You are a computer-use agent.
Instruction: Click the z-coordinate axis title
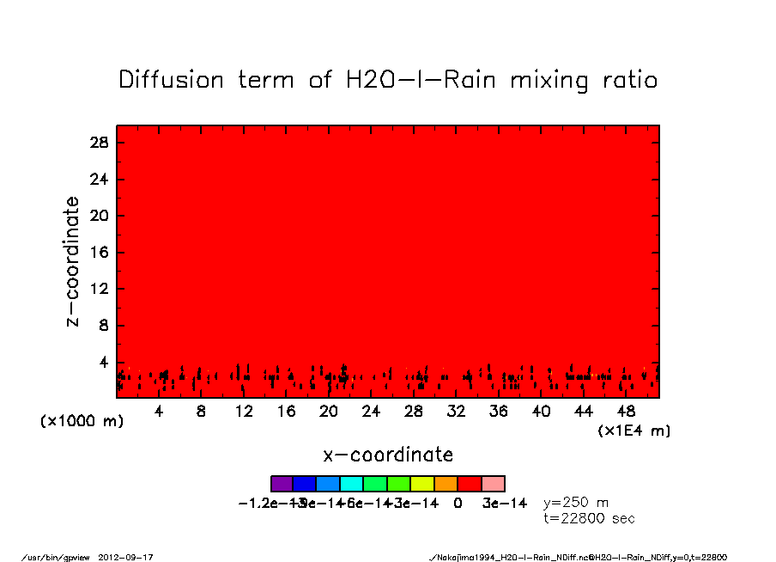click(x=73, y=261)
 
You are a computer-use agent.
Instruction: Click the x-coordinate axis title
click(x=388, y=455)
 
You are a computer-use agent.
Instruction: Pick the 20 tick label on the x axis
click(x=329, y=412)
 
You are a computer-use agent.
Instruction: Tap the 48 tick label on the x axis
click(x=627, y=412)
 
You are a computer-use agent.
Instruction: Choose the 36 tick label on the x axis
click(x=499, y=412)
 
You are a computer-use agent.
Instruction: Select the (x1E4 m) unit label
click(x=634, y=431)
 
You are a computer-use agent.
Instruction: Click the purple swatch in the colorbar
click(x=282, y=484)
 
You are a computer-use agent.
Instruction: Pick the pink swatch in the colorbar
click(x=493, y=484)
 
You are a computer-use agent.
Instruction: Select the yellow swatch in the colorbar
click(x=422, y=484)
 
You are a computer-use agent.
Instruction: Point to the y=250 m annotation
click(x=576, y=503)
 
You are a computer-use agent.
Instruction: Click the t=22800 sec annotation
click(x=590, y=518)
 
